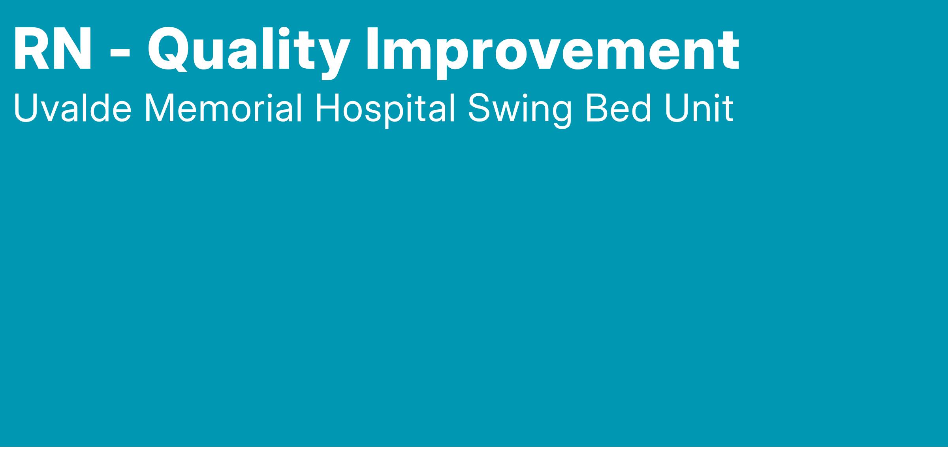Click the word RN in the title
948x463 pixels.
53,49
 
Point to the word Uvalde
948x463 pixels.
73,108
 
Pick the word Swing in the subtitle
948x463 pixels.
519,111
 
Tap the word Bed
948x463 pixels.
617,108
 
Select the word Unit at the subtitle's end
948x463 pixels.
699,108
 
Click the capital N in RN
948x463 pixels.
72,49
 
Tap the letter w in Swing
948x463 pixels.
507,112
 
